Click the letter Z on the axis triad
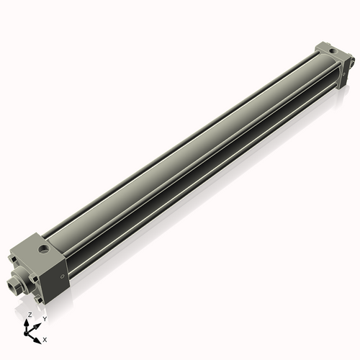click(x=30, y=315)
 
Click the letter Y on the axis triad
click(x=44, y=318)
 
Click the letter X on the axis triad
click(x=45, y=338)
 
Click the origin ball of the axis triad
click(x=27, y=333)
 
